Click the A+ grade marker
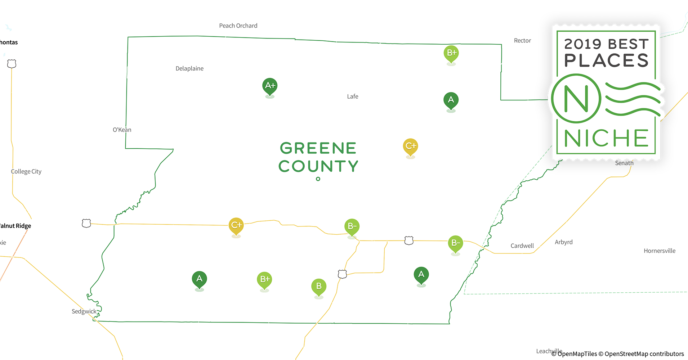(270, 86)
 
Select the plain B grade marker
(319, 287)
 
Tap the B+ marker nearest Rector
(451, 53)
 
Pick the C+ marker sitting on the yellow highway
(236, 226)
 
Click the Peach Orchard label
(238, 26)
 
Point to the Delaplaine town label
(189, 68)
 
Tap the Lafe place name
(353, 96)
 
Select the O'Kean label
(122, 130)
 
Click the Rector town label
(522, 40)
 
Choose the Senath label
(624, 163)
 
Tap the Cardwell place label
(522, 246)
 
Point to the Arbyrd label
(563, 242)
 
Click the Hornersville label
(659, 251)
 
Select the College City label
(26, 171)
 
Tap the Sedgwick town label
(84, 311)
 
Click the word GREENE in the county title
(318, 148)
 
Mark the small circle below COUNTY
(318, 179)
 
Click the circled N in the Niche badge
(576, 98)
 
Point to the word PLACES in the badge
(606, 60)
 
